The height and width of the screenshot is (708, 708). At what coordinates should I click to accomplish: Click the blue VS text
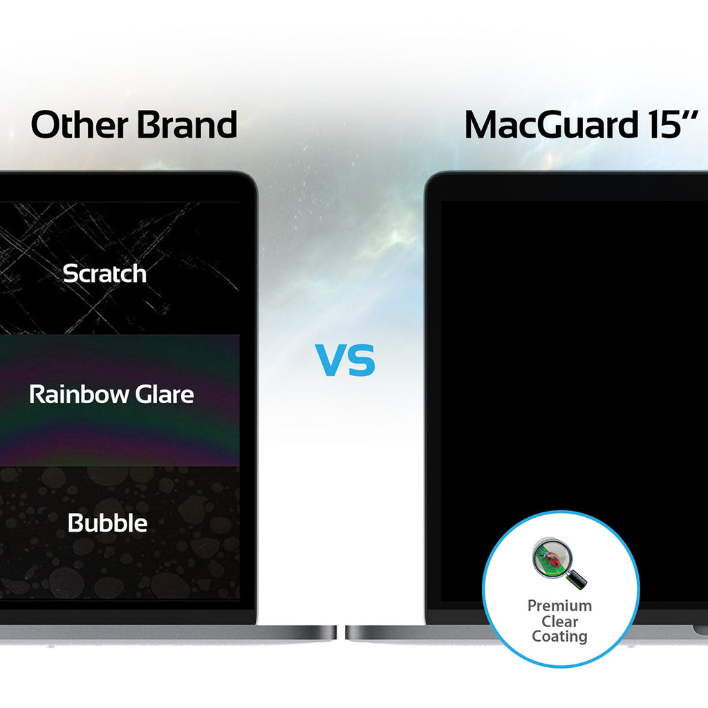[x=346, y=361]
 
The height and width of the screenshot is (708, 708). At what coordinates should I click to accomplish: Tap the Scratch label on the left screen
[x=104, y=274]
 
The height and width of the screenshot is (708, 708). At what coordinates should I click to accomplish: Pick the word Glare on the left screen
[x=163, y=395]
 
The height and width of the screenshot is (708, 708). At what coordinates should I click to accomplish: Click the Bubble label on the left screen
[x=108, y=523]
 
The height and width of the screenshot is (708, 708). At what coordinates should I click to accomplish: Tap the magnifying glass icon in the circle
[x=557, y=561]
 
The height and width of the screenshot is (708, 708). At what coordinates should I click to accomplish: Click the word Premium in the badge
[x=559, y=606]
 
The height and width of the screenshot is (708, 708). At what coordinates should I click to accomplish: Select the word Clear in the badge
[x=559, y=621]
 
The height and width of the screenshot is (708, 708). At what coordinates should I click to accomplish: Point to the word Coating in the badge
[x=559, y=637]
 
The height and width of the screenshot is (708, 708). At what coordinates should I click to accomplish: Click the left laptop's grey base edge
[x=166, y=633]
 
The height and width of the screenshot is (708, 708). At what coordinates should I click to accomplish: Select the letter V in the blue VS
[x=330, y=361]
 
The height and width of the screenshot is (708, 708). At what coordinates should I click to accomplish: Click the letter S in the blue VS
[x=361, y=361]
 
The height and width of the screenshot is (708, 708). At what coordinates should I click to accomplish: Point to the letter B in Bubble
[x=76, y=523]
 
